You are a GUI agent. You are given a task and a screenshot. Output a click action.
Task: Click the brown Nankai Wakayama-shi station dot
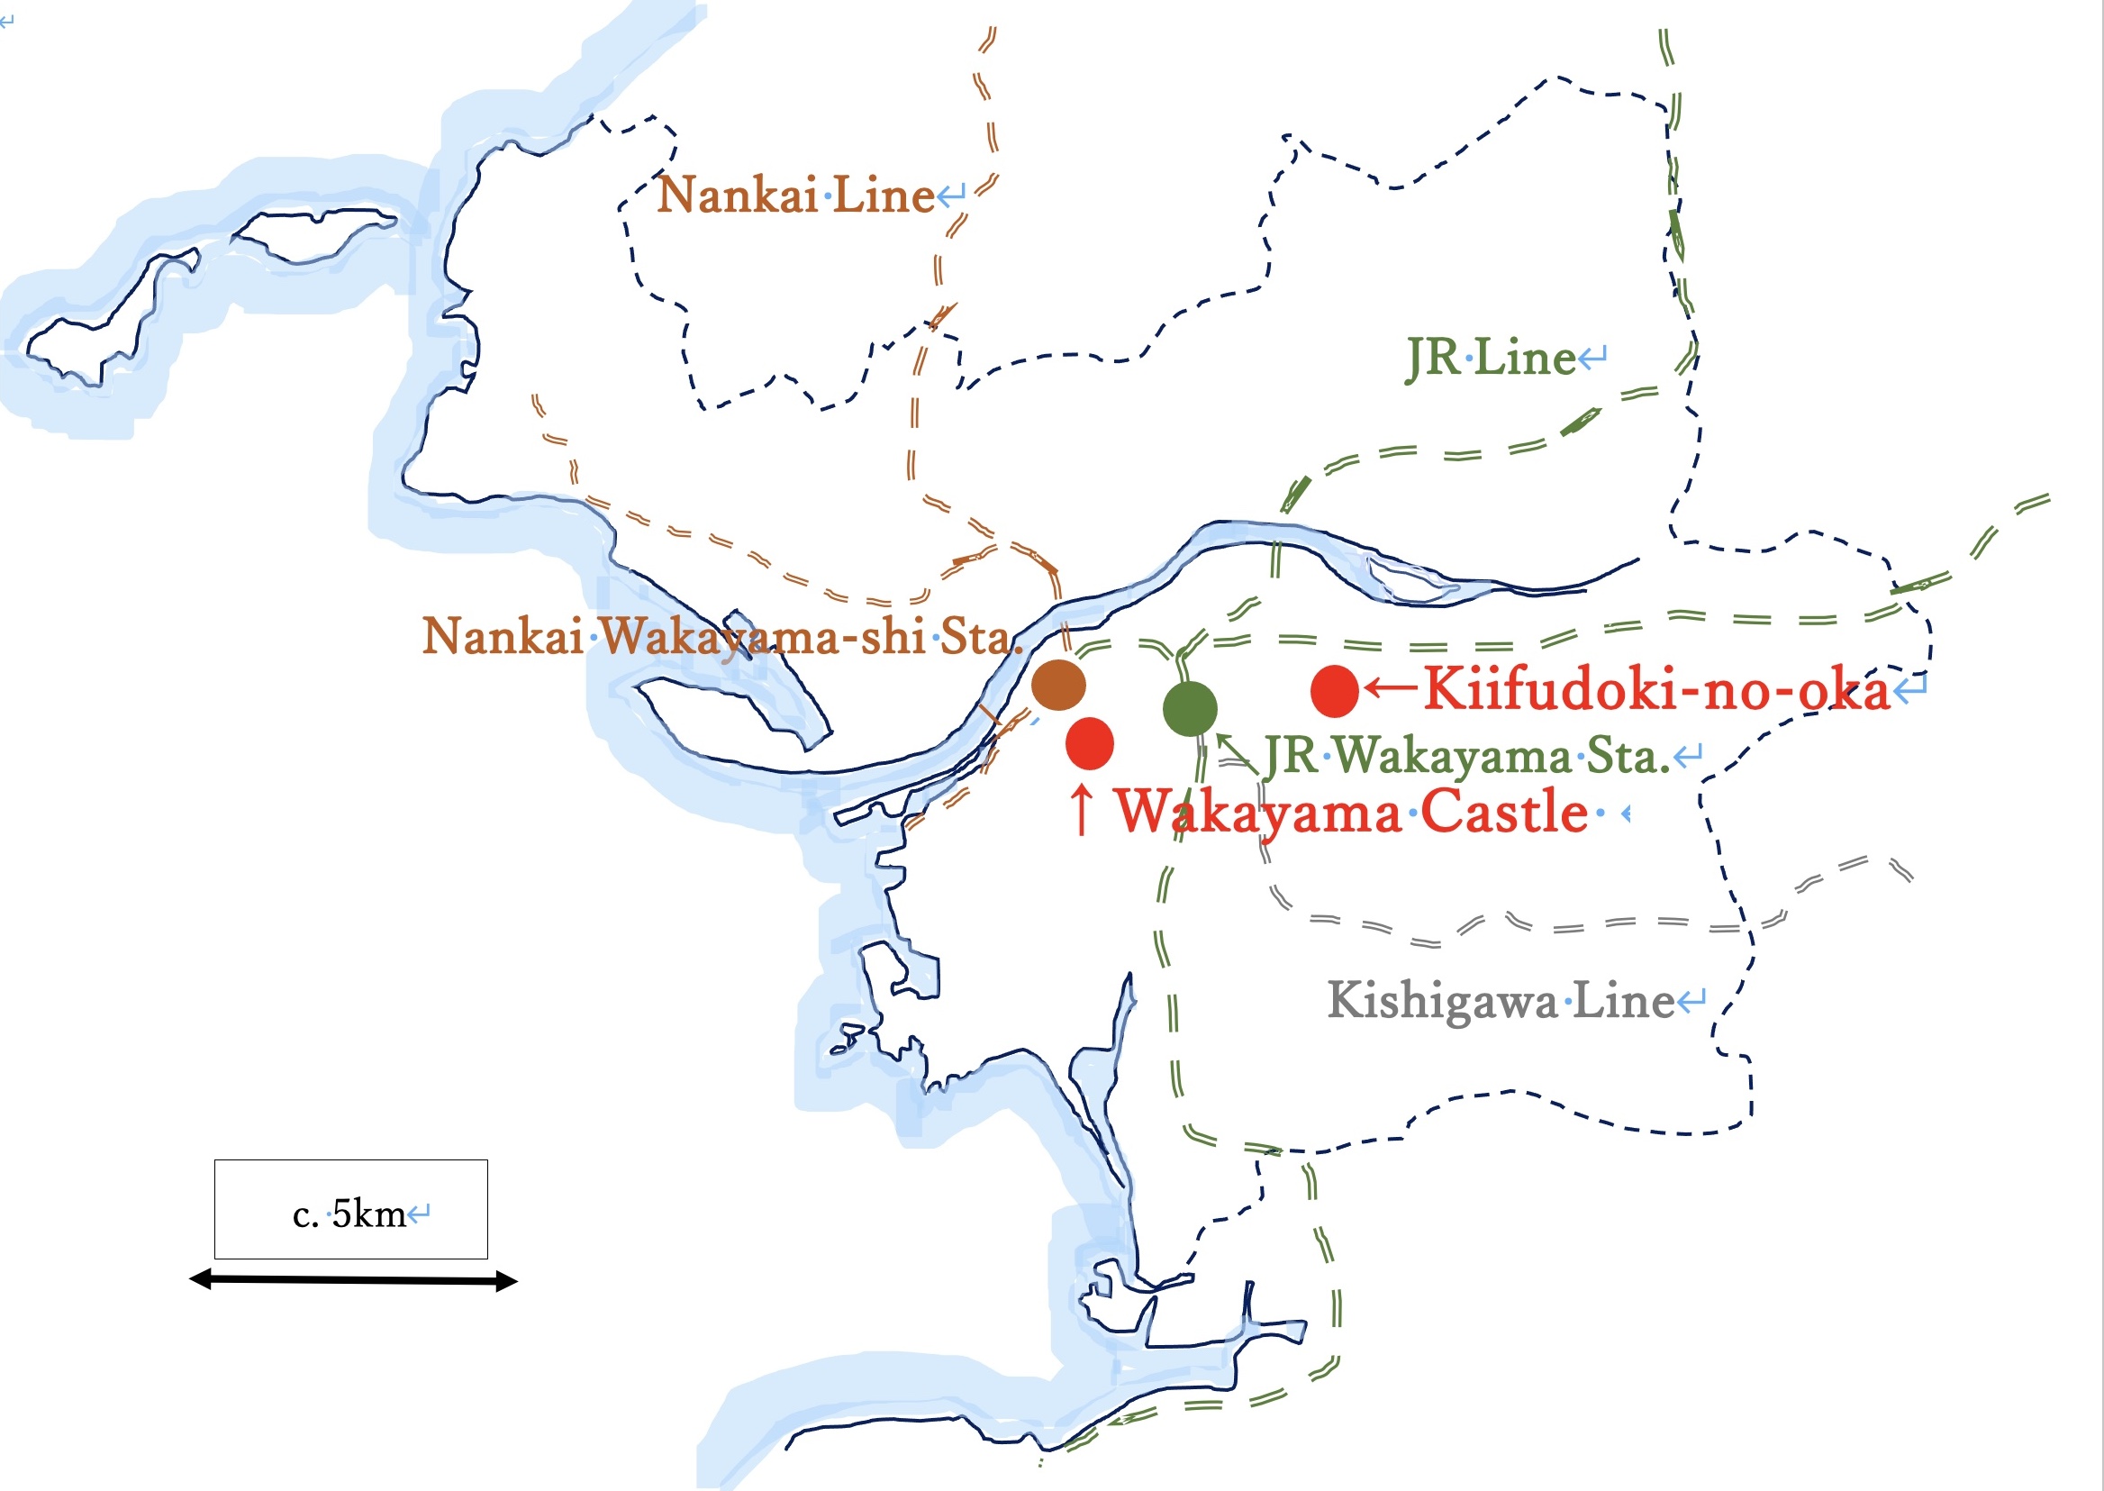coord(1058,685)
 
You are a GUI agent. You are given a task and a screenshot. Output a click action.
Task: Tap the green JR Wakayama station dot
coord(1190,709)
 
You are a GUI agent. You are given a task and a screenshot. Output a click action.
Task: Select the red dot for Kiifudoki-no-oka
coord(1334,691)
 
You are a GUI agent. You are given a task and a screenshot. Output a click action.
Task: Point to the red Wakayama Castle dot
coord(1090,742)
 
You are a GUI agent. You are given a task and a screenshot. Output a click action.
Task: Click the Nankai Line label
coord(796,195)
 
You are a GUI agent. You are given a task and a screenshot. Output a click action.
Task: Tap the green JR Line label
coord(1491,358)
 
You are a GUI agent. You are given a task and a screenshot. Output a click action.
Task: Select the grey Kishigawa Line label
coord(1501,1001)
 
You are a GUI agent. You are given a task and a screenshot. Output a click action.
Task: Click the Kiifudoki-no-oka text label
coord(1657,689)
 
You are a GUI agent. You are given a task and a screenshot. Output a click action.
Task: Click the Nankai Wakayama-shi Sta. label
coord(721,636)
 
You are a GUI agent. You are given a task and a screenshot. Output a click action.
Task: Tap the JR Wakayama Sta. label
coord(1466,757)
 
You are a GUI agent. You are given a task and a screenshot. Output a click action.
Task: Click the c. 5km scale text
coord(349,1214)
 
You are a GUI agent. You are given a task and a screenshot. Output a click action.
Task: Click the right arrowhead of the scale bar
coord(507,1282)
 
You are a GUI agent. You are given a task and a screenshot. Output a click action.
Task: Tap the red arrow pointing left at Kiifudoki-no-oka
coord(1390,687)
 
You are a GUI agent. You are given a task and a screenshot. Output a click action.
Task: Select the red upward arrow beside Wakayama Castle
coord(1083,810)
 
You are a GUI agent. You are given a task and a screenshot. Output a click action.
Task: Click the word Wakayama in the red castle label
coord(1258,813)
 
